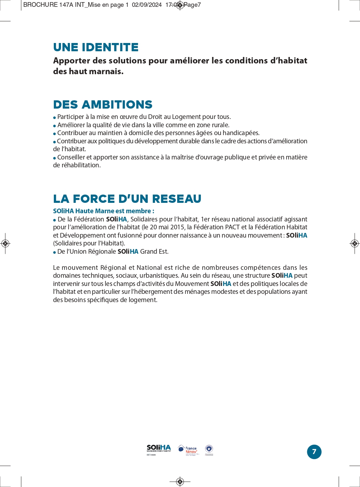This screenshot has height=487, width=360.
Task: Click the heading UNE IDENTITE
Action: (96, 47)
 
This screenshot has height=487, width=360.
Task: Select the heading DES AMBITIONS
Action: (103, 105)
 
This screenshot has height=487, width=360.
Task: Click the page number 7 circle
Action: (314, 452)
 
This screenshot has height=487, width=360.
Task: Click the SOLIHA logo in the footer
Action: (159, 449)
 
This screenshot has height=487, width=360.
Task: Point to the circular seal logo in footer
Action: (209, 449)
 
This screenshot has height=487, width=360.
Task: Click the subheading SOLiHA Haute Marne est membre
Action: (103, 211)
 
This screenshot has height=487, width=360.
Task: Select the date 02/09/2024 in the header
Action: (147, 5)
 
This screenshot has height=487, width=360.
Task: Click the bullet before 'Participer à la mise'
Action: (55, 118)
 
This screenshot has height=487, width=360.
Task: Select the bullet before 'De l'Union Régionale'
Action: (55, 252)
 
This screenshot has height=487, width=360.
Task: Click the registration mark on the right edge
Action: (354, 244)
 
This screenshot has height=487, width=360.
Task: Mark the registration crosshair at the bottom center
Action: (180, 481)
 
